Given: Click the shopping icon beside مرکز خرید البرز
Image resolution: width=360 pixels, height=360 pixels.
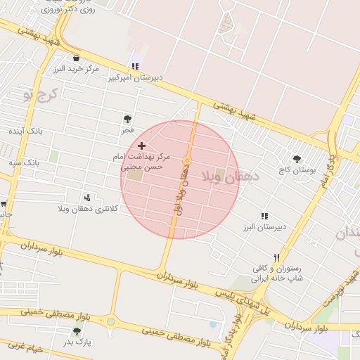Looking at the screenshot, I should coord(76,58).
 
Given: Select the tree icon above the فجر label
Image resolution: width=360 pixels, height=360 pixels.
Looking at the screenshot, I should coord(127,119).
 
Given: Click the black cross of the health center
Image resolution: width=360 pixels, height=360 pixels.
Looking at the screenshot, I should coord(141,145).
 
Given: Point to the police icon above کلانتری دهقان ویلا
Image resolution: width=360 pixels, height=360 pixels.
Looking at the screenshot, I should coord(87,198).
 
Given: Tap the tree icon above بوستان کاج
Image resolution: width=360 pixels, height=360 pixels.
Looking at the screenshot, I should coord(297,159).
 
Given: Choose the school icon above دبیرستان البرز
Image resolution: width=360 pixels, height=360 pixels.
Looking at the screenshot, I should coord(264,216).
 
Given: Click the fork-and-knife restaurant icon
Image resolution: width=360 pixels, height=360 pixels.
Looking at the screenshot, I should coord(277,257).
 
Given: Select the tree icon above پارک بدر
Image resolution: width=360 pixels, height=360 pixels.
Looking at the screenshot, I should coord(77,330).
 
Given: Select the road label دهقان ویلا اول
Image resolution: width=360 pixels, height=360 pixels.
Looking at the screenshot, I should coord(180,193).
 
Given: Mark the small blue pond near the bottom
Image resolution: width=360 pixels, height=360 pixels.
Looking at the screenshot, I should coord(212,325).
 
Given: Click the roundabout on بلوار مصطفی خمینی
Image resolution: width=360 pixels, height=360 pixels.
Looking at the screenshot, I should coord(110,322).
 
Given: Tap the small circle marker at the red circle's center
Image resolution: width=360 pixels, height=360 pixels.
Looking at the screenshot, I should coord(187,162).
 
